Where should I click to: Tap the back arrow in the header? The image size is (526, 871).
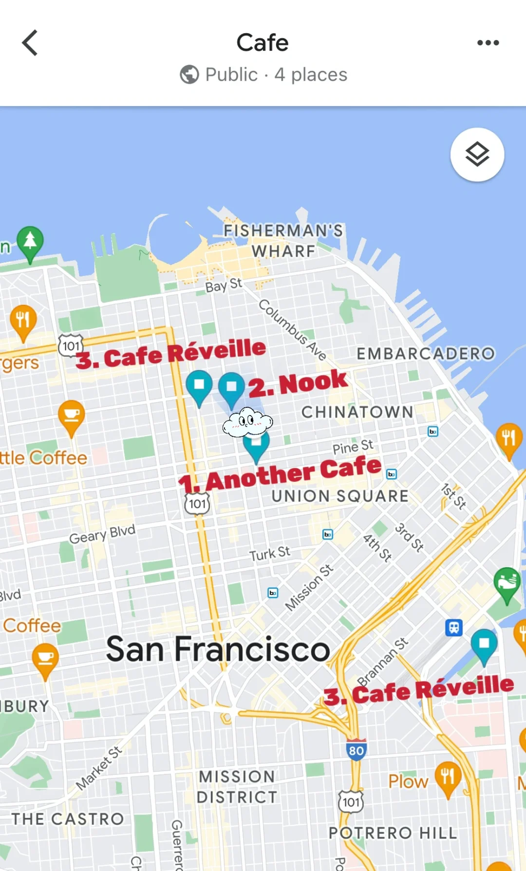tap(30, 43)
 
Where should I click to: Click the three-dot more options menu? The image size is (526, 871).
tap(488, 43)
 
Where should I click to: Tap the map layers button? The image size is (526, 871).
tap(477, 154)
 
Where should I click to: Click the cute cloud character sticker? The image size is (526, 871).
tap(247, 422)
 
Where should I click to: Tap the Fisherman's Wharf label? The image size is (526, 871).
tap(283, 241)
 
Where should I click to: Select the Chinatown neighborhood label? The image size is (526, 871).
tap(357, 412)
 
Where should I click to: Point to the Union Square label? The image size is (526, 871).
tap(340, 496)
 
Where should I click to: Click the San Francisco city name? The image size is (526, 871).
tap(218, 649)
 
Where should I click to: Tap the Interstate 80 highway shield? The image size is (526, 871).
tap(356, 750)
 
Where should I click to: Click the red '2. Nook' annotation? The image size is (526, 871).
tap(298, 383)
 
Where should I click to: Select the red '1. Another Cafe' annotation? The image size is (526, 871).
tap(280, 474)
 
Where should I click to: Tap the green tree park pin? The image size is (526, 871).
tap(30, 242)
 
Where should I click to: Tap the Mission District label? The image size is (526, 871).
tap(237, 787)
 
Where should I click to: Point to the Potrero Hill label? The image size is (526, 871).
tap(393, 833)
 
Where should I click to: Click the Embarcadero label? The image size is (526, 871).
tap(426, 354)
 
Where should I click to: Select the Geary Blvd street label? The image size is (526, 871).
tap(102, 534)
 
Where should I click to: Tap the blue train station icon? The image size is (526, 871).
tap(453, 627)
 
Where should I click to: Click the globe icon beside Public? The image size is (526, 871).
tap(189, 75)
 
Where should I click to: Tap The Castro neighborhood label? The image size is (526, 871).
tap(68, 819)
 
